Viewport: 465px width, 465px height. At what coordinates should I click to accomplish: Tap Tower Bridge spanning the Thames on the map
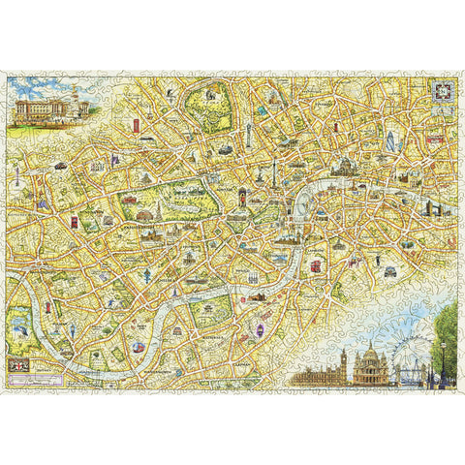427,209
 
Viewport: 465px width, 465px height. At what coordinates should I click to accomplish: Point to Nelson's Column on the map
274,178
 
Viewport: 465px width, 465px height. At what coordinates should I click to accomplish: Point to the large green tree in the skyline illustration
448,334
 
